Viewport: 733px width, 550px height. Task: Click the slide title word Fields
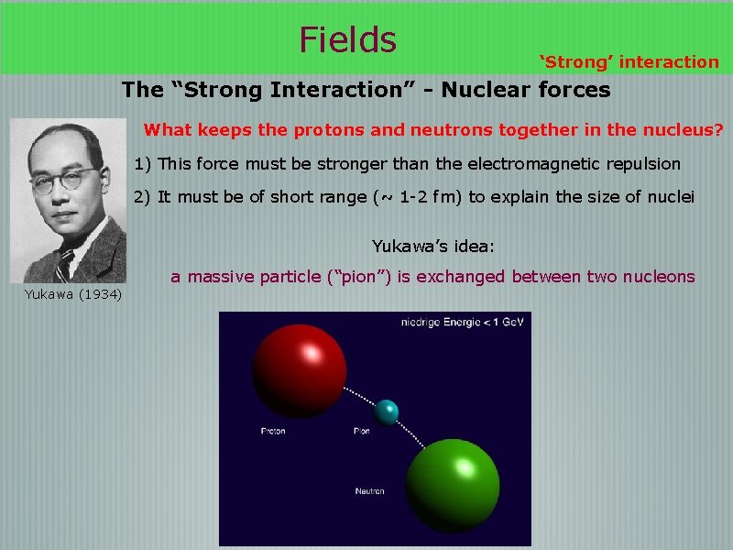[347, 39]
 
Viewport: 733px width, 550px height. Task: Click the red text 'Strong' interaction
[629, 62]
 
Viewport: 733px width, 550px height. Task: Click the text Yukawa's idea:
[433, 246]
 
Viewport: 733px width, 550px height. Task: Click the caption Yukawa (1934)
[73, 294]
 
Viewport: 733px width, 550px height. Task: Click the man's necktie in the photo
[62, 267]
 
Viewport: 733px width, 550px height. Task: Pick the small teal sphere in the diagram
[388, 412]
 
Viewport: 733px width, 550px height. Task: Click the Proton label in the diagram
[273, 431]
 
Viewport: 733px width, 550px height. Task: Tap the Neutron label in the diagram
[369, 492]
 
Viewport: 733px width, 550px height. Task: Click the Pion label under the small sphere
[362, 431]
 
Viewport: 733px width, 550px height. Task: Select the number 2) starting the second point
[143, 197]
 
